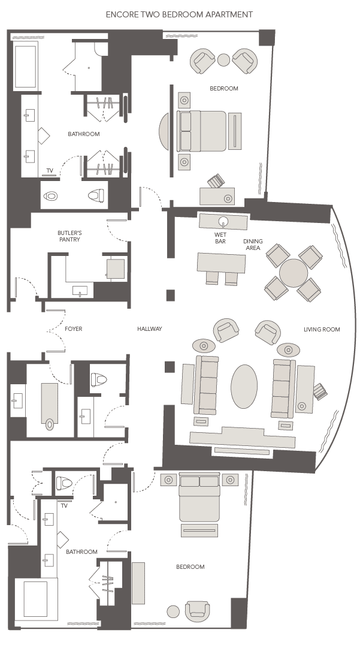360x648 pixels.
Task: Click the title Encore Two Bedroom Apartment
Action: (179, 14)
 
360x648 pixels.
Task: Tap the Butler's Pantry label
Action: (69, 236)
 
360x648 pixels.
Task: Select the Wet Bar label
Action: (220, 238)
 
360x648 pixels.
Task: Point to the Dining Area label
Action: (253, 244)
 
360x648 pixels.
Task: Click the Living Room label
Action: (322, 329)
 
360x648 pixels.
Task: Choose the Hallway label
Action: (149, 329)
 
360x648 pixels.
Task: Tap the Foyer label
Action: (74, 329)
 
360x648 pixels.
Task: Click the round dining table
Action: (293, 273)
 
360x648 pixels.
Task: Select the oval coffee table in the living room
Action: (244, 387)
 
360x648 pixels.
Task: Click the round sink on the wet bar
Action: (223, 221)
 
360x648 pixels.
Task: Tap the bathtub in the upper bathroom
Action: (25, 66)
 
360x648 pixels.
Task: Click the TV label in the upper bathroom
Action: (50, 170)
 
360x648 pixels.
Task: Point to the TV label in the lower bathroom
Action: (64, 505)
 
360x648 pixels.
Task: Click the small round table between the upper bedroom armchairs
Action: (223, 60)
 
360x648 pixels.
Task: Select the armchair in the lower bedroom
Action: (197, 611)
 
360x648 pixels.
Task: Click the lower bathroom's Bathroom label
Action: (81, 551)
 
